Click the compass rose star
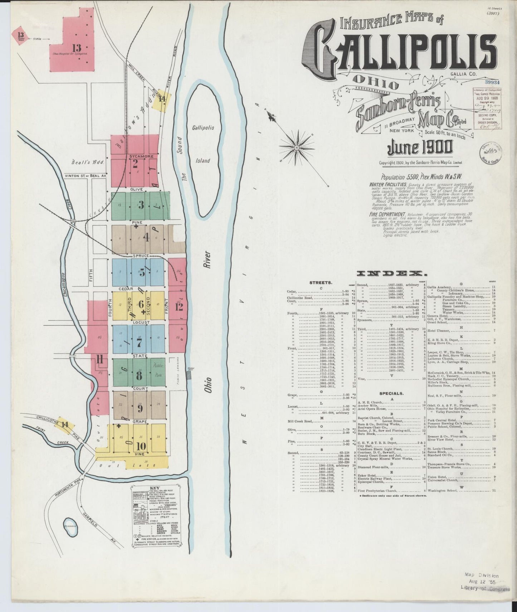[296, 146]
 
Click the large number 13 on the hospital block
[77, 48]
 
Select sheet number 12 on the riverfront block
[179, 307]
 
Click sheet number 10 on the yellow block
[141, 446]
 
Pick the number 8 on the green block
[139, 376]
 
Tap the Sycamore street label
[142, 156]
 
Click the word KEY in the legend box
[155, 488]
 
